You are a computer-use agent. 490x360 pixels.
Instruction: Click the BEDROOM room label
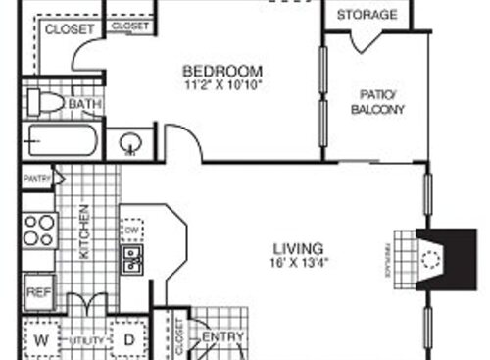222,71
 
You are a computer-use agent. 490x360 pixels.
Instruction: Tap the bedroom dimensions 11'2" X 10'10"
222,84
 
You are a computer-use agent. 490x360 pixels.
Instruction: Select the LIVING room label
300,249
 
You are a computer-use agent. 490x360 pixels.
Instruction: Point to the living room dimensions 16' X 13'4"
300,263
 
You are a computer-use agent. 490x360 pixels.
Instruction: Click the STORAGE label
367,15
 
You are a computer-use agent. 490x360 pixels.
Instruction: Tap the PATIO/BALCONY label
377,102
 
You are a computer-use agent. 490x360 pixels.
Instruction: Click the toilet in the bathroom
45,102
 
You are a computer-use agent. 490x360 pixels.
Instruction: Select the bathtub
61,143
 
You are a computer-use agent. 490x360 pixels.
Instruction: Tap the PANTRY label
37,179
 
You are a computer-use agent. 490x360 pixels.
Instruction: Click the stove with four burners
39,230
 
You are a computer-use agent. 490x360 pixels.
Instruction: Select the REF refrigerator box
37,290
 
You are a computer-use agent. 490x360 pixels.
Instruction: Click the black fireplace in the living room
438,258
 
